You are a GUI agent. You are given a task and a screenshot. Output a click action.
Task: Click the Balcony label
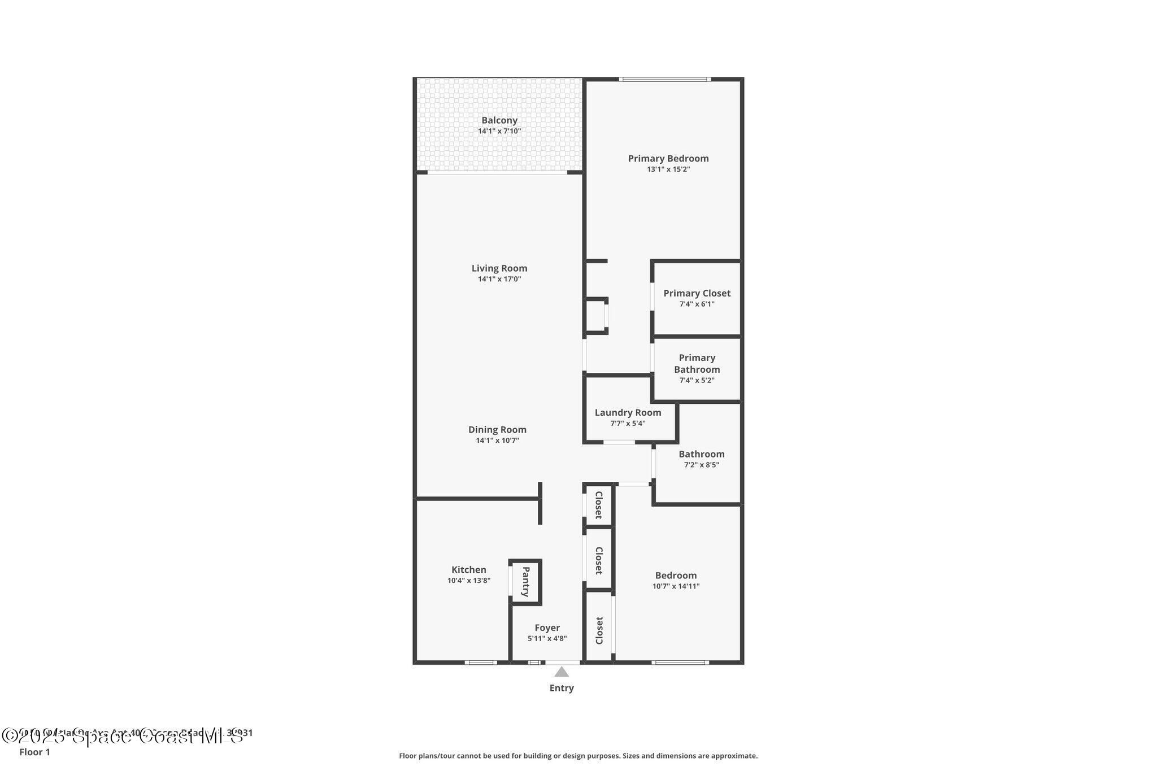pos(499,120)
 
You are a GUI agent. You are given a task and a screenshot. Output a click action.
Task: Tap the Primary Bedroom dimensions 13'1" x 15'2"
pos(668,169)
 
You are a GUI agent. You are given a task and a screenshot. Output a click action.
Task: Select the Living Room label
pos(499,268)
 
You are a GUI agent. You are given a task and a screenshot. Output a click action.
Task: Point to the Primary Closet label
pos(697,293)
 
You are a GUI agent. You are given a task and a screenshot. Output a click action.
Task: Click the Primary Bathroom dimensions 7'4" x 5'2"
pos(697,380)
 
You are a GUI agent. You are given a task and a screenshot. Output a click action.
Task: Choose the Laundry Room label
pos(628,412)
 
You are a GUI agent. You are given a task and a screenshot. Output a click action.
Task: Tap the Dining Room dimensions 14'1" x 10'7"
pos(497,441)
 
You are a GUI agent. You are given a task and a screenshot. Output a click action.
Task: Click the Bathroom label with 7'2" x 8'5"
pos(701,454)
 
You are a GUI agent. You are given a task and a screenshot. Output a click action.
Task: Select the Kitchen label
pos(468,569)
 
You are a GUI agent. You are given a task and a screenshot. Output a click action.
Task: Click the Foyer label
pos(547,628)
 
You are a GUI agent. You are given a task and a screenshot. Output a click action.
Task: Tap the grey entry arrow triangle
pos(561,672)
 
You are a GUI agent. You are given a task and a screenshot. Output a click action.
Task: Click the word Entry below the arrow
pos(561,688)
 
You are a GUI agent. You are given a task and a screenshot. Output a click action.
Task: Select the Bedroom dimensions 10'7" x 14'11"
pos(676,586)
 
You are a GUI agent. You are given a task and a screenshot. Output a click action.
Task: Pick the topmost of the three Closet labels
pos(599,505)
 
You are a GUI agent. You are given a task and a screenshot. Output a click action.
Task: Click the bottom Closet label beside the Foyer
pos(599,630)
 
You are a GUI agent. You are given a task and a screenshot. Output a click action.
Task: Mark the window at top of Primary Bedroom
pos(664,80)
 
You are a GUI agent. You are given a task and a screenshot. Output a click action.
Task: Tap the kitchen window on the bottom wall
pos(481,662)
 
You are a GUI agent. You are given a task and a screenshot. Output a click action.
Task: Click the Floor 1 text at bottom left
pos(34,752)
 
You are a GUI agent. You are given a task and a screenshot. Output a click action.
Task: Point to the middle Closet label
pos(599,560)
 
